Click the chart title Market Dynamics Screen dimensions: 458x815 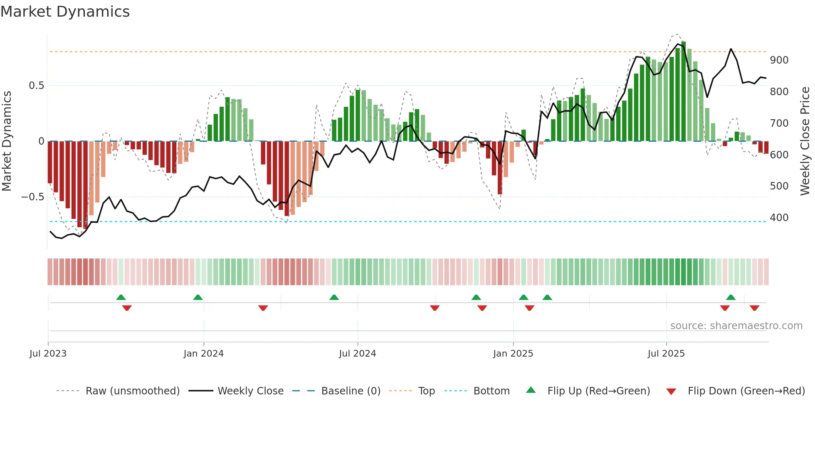click(x=65, y=12)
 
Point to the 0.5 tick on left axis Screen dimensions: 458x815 click(x=36, y=86)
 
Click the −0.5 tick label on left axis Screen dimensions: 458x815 click(x=32, y=197)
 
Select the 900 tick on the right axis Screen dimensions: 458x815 click(x=779, y=60)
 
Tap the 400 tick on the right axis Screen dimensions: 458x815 click(x=779, y=218)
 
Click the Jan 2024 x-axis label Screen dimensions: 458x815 click(x=203, y=354)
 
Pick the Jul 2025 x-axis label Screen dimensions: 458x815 click(x=666, y=354)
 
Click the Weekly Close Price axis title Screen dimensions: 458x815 click(x=805, y=141)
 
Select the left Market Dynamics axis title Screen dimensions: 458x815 click(x=7, y=141)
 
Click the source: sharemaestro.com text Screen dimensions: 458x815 click(x=736, y=326)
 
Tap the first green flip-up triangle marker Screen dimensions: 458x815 click(x=121, y=297)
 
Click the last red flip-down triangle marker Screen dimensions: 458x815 click(x=754, y=308)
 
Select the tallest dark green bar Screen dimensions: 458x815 click(x=684, y=91)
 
